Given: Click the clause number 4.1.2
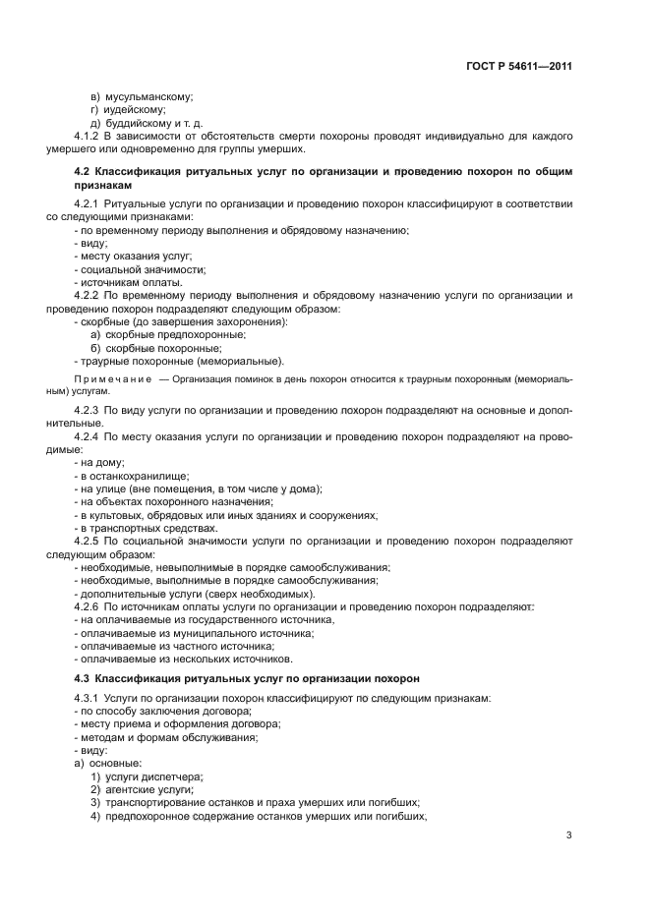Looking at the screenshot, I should tap(89, 137).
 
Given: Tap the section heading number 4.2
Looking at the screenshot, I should tap(83, 171).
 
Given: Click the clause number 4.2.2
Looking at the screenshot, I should tap(89, 295).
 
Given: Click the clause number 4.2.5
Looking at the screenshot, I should tap(89, 541).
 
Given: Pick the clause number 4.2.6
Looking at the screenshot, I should tap(89, 607).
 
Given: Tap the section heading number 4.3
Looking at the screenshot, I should tap(83, 678).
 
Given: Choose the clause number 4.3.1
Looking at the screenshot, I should tap(89, 697).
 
